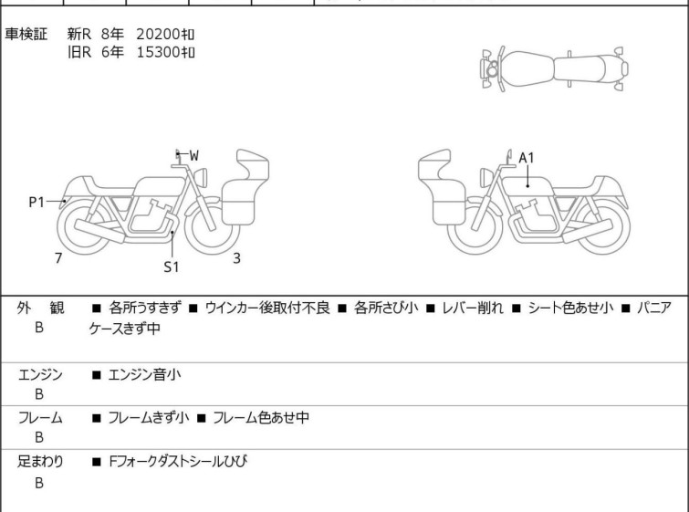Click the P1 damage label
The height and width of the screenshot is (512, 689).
coord(37,202)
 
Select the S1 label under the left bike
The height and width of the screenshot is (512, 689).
coord(172,266)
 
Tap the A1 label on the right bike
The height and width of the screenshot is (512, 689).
coord(526,158)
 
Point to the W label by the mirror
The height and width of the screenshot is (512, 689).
coord(193,155)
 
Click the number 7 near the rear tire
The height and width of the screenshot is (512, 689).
coord(58,258)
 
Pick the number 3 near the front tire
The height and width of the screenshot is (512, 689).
coord(236,258)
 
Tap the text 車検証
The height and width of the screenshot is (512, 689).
coord(26,34)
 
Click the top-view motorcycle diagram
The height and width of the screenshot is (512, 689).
coord(554,69)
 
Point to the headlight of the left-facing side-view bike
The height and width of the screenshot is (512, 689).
coord(485,178)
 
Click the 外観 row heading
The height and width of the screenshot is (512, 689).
coord(40,308)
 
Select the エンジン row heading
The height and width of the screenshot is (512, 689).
coord(40,374)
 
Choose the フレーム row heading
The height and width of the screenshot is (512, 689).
coord(40,417)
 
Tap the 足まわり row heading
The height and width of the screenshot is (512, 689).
coord(40,461)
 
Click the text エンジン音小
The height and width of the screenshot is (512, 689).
coord(144,374)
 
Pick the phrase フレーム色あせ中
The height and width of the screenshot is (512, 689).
coord(261,417)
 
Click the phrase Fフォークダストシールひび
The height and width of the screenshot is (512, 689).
coord(178,461)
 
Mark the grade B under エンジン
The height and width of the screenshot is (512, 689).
coord(39,394)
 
